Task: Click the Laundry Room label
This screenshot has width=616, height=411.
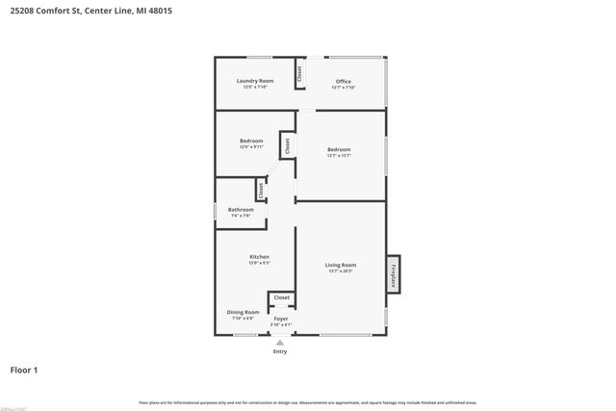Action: point(255,81)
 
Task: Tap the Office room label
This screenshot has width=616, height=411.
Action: point(343,81)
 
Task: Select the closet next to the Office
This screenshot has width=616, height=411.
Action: point(299,74)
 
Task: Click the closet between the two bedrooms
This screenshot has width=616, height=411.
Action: point(286,144)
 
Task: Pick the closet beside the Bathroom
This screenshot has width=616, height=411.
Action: point(260,190)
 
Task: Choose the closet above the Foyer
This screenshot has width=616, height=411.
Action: point(281,298)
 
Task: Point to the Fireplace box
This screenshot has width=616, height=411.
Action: point(393,273)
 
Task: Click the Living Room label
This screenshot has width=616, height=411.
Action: point(341,265)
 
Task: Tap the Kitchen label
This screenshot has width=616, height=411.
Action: point(259,257)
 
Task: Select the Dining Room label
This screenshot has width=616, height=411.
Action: point(243,312)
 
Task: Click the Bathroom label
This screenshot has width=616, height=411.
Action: point(241,210)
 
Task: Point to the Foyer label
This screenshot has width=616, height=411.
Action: point(281,318)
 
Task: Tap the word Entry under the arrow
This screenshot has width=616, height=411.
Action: point(280,351)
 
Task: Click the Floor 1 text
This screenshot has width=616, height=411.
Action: point(24,370)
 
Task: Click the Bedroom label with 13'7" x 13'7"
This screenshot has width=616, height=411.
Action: point(339,149)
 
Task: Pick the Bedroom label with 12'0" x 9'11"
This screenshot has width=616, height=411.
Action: point(251,141)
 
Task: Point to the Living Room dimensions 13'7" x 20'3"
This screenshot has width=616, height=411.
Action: point(341,271)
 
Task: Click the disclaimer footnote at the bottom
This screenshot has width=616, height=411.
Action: point(307,402)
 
